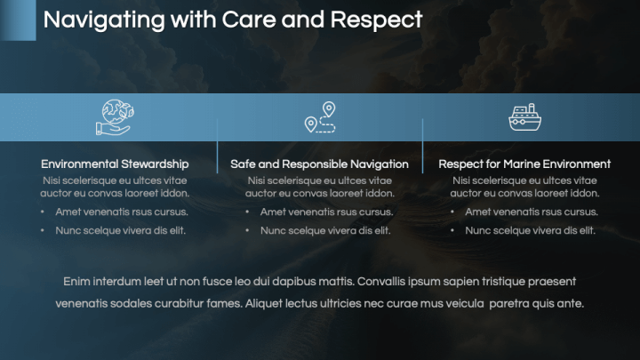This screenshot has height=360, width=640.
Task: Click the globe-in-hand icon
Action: coord(115,117)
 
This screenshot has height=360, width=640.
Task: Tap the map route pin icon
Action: coord(320,117)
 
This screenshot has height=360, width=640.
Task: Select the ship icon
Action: coord(524,117)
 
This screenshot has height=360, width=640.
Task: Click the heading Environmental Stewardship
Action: coord(115,164)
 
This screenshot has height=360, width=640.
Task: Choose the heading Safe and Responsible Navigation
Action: coord(319,164)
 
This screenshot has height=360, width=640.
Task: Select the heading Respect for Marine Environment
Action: coord(524,164)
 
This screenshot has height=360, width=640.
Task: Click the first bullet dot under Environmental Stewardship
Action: coord(42,212)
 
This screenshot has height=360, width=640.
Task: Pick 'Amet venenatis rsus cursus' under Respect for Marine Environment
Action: coord(531,212)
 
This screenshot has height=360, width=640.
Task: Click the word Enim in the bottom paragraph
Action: coord(77,282)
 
